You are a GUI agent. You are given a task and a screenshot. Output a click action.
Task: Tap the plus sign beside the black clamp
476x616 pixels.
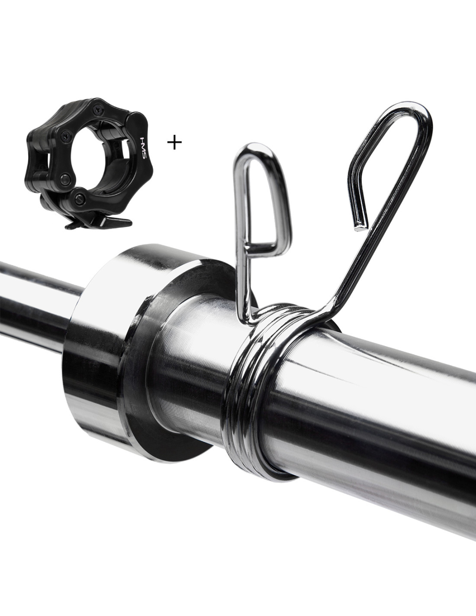pos(174,143)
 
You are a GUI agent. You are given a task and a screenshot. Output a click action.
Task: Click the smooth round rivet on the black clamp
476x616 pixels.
pos(65,179)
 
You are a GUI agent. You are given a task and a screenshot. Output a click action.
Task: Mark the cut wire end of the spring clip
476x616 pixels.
pos(360,227)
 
